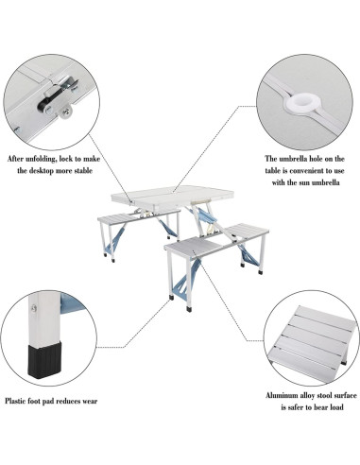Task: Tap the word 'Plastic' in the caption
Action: [x=19, y=401]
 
